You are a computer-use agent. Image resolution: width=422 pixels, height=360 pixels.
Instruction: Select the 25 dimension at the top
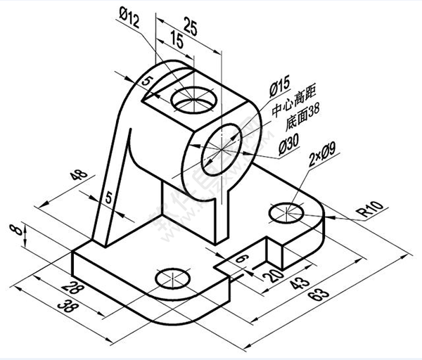(x=188, y=26)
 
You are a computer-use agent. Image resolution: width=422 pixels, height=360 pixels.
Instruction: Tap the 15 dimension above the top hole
(x=177, y=43)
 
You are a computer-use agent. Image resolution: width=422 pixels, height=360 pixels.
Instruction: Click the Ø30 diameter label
(x=290, y=146)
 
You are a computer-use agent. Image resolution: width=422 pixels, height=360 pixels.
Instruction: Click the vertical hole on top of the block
(x=193, y=101)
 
